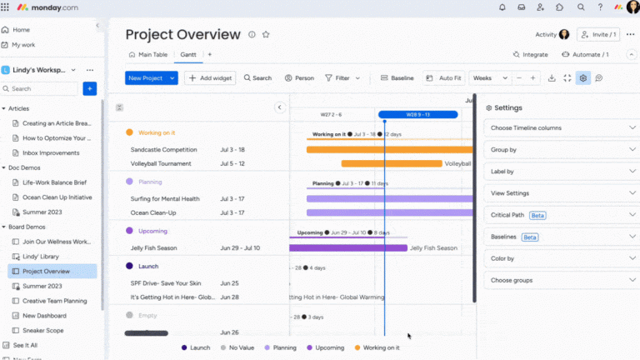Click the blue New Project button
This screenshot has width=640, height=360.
146,77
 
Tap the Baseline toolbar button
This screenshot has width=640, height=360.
397,77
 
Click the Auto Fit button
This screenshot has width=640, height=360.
443,77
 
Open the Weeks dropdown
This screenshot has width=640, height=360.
487,77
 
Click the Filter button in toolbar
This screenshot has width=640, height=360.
342,77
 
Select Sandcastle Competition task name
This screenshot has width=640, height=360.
163,149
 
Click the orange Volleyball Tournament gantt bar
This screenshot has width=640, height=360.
391,163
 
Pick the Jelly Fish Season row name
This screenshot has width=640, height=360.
153,247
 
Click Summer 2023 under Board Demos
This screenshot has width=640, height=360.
42,286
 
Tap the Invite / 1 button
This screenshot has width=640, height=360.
598,34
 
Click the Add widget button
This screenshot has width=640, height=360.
210,77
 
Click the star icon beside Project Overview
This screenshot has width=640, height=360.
266,34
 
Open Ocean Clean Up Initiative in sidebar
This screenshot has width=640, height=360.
57,197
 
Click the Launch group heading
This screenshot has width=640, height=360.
147,266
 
